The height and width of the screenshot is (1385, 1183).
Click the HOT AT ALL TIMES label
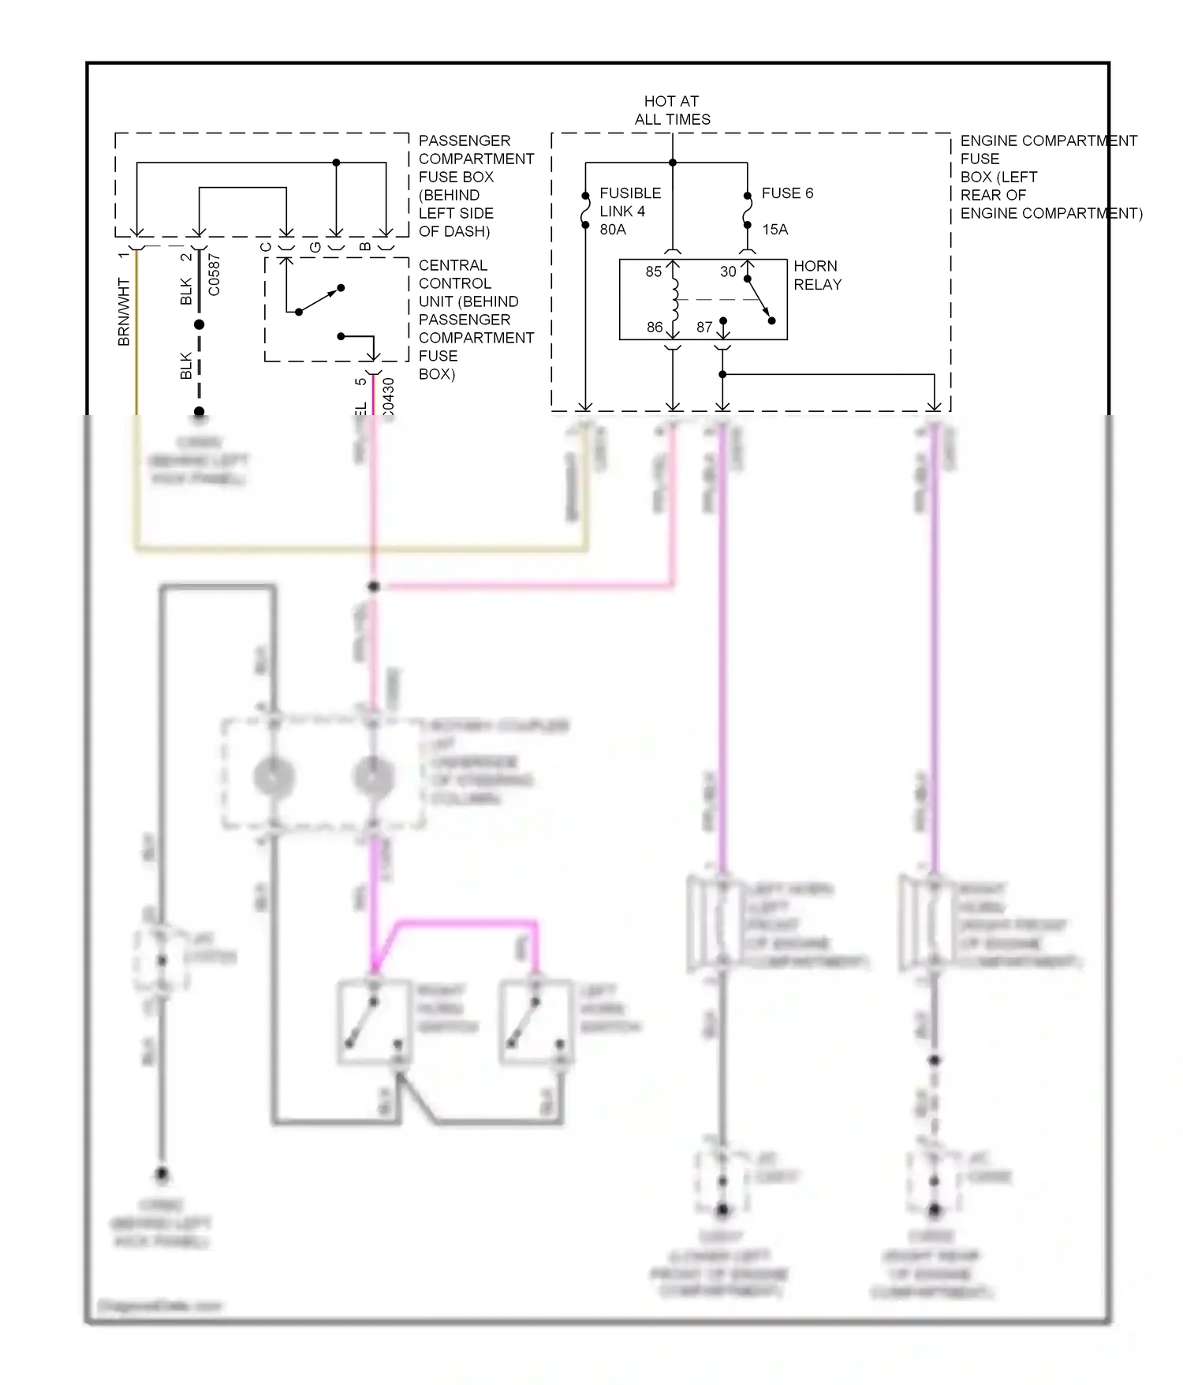click(x=672, y=110)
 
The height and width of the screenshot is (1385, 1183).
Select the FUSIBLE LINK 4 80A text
click(x=629, y=211)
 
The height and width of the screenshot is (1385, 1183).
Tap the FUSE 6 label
click(x=786, y=193)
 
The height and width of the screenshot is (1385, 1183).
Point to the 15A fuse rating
click(x=774, y=230)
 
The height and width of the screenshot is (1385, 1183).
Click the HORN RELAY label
click(x=817, y=275)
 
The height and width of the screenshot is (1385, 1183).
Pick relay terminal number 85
click(x=653, y=271)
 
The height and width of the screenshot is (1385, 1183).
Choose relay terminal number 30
click(x=727, y=271)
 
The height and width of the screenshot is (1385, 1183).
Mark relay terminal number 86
click(x=654, y=327)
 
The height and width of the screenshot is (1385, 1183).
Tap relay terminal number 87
click(x=703, y=327)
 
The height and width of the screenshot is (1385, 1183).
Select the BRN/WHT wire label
click(x=124, y=311)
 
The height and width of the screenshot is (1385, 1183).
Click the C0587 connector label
click(x=215, y=275)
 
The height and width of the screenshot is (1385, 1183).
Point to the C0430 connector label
click(x=387, y=399)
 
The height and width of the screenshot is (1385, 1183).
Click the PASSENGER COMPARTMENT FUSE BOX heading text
click(x=476, y=185)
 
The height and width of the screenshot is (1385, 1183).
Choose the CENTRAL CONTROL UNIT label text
click(x=476, y=320)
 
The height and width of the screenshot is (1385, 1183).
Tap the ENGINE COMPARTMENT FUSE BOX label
click(x=1049, y=177)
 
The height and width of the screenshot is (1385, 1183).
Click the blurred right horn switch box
click(x=375, y=1023)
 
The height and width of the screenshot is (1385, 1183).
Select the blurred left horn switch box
click(x=536, y=1023)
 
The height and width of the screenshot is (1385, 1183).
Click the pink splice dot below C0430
click(x=374, y=586)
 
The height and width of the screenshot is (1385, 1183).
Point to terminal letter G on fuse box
click(x=315, y=247)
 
